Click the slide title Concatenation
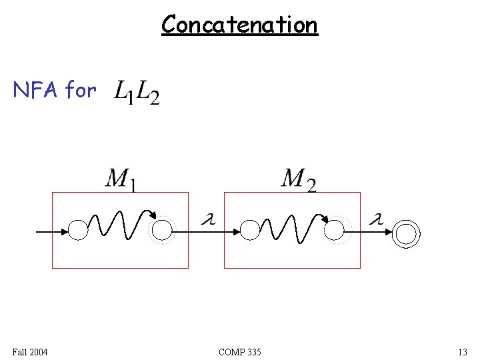pos(239,25)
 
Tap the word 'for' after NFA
pos(81,89)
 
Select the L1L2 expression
pos(137,92)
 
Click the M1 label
pos(121,179)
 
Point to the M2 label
pos(298,179)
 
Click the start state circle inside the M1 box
pos(78,231)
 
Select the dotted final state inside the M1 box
pos(162,231)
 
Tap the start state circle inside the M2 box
pos(249,231)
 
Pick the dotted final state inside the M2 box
pos(333,231)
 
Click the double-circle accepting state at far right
pos(405,233)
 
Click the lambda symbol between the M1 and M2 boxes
pos(207,219)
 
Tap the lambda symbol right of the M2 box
pos(377,219)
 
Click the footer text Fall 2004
pos(29,351)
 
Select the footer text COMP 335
pos(239,351)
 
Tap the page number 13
pos(462,351)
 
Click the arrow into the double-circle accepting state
pos(377,232)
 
